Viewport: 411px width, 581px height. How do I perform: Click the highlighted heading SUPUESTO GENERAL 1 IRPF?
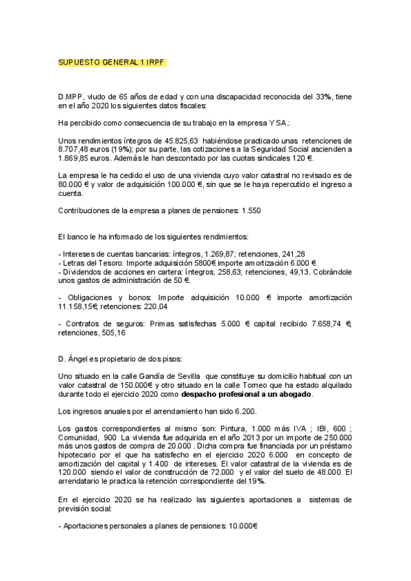point(112,62)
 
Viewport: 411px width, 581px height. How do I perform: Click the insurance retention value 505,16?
point(113,333)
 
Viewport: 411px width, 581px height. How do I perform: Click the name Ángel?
point(82,358)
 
